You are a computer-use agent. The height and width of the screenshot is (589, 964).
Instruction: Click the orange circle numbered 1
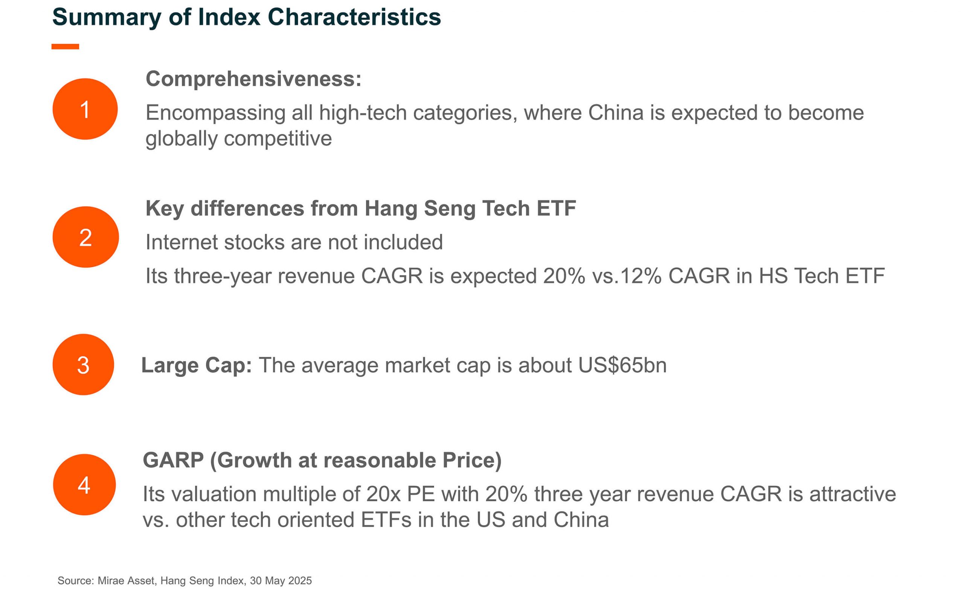coord(85,109)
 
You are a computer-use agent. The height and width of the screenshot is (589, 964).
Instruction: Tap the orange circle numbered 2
coord(86,237)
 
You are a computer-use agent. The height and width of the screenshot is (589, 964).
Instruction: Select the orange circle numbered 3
coord(83,364)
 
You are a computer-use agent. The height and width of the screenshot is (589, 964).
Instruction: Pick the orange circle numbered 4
coord(84,485)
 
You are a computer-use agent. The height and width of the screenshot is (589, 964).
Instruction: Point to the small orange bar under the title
coord(66,46)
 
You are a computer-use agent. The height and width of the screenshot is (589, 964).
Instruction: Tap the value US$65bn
coord(622,365)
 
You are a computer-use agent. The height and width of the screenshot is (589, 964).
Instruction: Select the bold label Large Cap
coord(197,366)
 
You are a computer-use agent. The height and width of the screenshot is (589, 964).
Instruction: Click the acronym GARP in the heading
coord(173,460)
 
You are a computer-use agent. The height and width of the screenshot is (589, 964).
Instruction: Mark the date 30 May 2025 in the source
coord(281,580)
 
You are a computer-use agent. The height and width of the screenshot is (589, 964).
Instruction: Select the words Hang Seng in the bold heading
coord(420,209)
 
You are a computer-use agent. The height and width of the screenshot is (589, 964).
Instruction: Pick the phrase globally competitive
coord(239,139)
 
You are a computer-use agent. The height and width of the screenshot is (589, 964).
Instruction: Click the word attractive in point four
coord(853,494)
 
